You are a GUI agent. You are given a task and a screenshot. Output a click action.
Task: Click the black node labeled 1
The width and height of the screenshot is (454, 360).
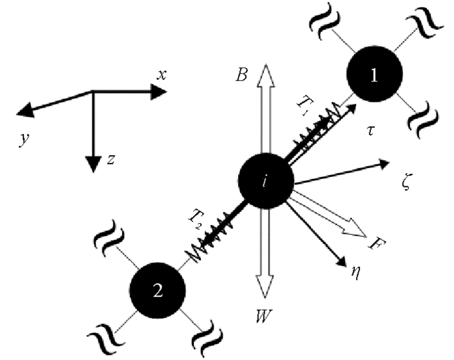click(x=373, y=75)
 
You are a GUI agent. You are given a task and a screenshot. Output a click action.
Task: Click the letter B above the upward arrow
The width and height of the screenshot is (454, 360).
click(x=241, y=77)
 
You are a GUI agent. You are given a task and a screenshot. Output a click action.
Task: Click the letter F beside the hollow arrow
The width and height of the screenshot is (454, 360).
click(x=374, y=244)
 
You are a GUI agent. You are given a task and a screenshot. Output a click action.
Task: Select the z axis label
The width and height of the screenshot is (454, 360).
click(x=112, y=160)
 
